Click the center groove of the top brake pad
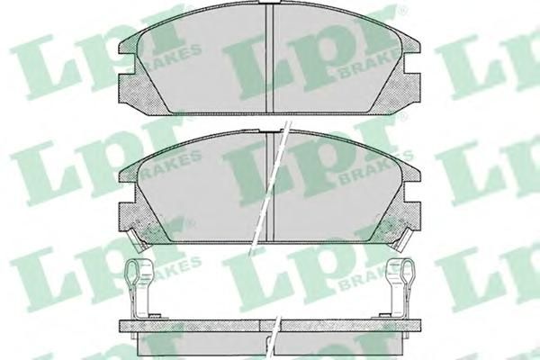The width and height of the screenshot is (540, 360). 270,58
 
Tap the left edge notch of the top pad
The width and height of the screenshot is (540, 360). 126,64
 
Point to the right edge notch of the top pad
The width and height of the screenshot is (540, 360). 412,63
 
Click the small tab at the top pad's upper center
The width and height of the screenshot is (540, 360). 270,2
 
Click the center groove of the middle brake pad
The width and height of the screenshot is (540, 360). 270,187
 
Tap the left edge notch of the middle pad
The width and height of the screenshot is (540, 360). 127,193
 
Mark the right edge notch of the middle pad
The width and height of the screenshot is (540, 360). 412,192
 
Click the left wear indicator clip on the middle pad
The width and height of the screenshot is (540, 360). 138,239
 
